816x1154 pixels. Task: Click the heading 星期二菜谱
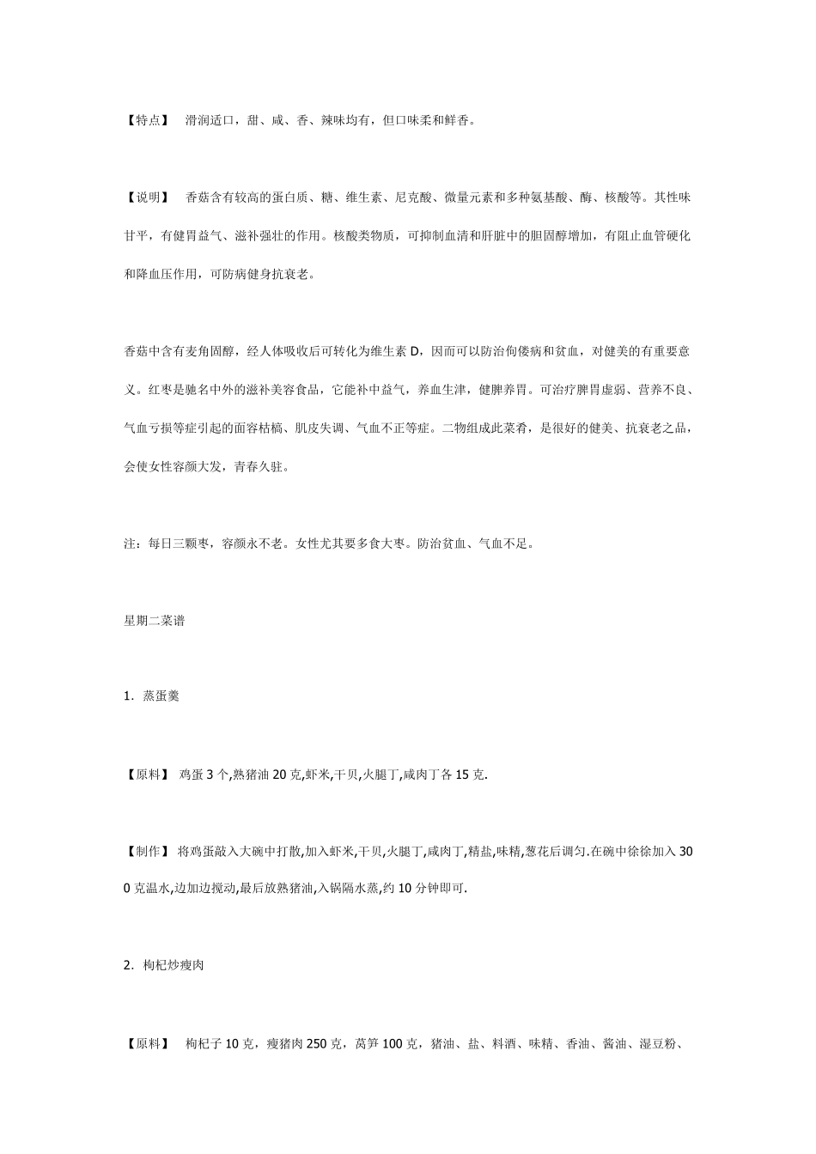(x=155, y=620)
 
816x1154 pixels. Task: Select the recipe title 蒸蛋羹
(x=161, y=696)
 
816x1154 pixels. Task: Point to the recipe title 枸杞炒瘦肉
(x=174, y=966)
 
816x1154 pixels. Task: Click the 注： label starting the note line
(x=131, y=544)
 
